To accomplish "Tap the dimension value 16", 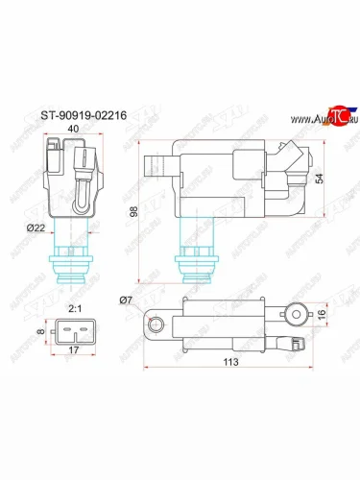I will (x=323, y=315).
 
